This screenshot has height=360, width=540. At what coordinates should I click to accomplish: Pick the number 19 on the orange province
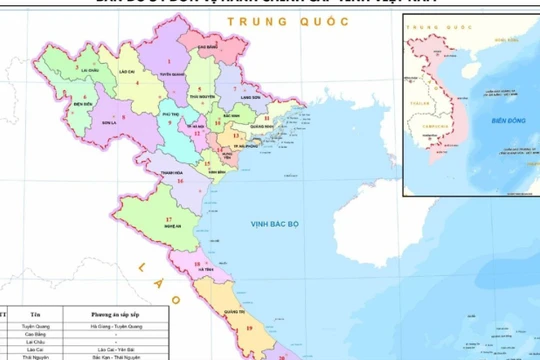point(247,327)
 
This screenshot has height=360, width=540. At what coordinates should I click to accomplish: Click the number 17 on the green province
point(169,218)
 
